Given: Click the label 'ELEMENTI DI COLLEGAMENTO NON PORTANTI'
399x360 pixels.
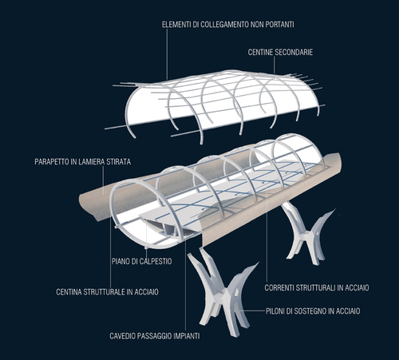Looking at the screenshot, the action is (228, 25).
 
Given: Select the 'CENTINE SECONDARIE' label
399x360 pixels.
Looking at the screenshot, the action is (280, 52).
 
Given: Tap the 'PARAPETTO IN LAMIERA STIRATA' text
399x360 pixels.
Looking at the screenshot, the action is (83, 161).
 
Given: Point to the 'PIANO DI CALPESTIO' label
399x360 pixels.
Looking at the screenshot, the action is (141, 261).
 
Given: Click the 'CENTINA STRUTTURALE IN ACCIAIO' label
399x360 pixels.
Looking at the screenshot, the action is (108, 292).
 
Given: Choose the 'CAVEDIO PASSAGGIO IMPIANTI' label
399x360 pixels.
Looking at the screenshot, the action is (155, 336).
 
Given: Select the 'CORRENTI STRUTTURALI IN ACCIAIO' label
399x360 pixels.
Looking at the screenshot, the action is (317, 287).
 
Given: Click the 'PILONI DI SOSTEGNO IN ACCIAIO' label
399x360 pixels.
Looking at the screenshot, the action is (313, 311).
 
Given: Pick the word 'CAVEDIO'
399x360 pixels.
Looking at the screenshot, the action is (123, 336).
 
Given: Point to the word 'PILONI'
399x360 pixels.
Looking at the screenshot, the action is (275, 311).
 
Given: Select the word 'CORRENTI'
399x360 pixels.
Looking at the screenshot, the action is (279, 287).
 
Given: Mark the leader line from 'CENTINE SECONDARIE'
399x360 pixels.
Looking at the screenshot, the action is (275, 65).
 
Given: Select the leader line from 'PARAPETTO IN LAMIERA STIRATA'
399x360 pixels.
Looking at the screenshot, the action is (103, 181).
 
